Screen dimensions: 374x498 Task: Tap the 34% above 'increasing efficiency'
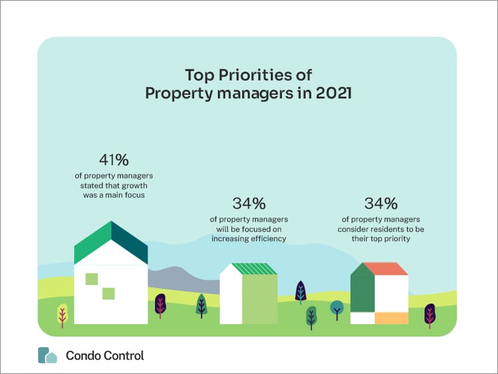tap(249, 203)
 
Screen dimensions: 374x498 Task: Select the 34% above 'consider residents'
tap(381, 203)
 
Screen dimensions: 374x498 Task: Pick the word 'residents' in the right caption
tap(389, 229)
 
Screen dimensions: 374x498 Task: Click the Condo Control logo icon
tap(47, 355)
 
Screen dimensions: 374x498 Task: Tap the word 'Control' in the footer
tap(121, 355)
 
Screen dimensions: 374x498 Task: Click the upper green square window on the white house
tap(92, 279)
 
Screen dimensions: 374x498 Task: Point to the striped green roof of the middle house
tap(256, 269)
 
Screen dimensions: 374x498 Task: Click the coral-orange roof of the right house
tap(386, 269)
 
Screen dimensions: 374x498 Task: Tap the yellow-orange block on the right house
tap(391, 318)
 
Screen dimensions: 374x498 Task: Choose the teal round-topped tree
tap(337, 307)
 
